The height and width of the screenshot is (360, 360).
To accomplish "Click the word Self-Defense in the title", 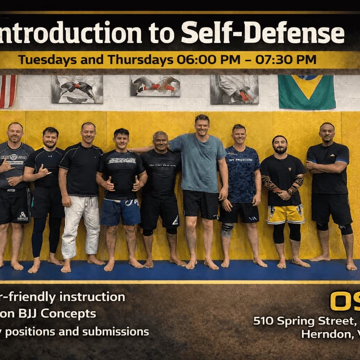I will tap(263, 34).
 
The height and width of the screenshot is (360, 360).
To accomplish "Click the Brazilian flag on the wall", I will tap(306, 92).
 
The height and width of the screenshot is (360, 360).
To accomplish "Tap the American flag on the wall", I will tap(7, 91).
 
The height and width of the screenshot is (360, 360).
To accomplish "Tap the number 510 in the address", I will tap(264, 321).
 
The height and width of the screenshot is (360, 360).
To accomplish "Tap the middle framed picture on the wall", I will tap(155, 86).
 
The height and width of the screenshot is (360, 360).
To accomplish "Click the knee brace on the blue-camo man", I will tap(227, 229).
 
